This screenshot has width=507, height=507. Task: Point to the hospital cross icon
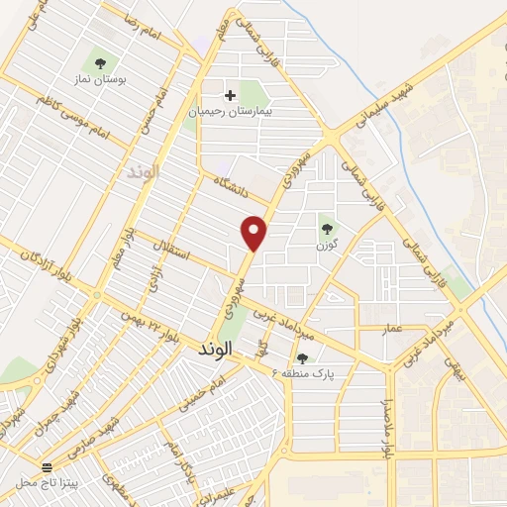231,96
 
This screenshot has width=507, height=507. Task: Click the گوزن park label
327,244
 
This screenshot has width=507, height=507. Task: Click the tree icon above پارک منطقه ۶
302,358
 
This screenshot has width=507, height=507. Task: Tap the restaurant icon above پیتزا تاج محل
47,466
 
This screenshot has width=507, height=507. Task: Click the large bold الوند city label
214,350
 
